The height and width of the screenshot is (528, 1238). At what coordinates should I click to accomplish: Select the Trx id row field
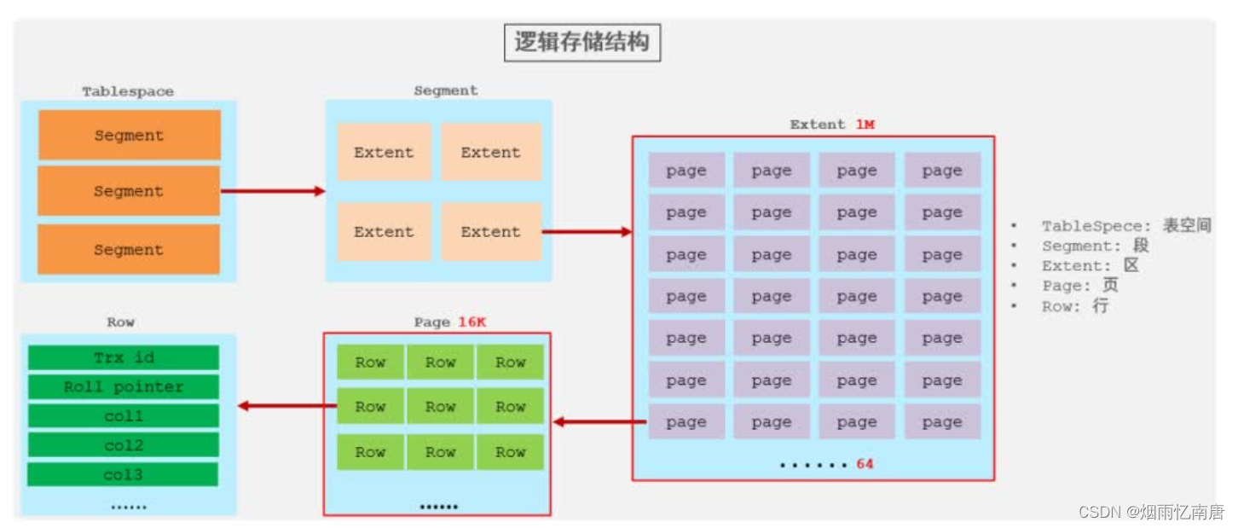click(123, 357)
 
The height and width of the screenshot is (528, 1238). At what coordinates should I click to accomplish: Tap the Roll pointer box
click(123, 387)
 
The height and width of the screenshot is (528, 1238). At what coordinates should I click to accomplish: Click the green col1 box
click(123, 416)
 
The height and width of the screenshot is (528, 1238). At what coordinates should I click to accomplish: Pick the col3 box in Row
click(123, 474)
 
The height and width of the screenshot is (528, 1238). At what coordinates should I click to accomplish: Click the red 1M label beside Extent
click(865, 125)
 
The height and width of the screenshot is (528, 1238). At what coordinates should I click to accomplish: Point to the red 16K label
click(471, 322)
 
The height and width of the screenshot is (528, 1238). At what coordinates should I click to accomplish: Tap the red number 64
click(865, 464)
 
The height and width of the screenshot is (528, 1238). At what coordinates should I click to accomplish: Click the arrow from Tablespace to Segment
click(273, 191)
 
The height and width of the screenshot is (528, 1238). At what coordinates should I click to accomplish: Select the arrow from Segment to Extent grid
click(587, 231)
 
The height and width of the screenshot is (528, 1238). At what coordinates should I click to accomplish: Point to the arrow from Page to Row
click(286, 406)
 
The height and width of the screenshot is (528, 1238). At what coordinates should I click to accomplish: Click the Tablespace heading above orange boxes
click(128, 91)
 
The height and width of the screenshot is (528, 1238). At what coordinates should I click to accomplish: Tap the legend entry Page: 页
click(1079, 286)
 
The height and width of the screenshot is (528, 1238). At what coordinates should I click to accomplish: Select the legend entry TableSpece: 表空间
click(1125, 226)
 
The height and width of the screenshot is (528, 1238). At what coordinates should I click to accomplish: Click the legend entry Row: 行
click(1074, 306)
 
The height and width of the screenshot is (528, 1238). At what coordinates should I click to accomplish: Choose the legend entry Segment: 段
click(1095, 246)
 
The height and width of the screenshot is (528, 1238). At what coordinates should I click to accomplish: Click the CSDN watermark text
click(1151, 512)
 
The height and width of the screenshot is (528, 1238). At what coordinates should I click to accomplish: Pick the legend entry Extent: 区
click(1090, 266)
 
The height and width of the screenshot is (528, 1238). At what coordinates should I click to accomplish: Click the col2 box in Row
click(123, 445)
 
